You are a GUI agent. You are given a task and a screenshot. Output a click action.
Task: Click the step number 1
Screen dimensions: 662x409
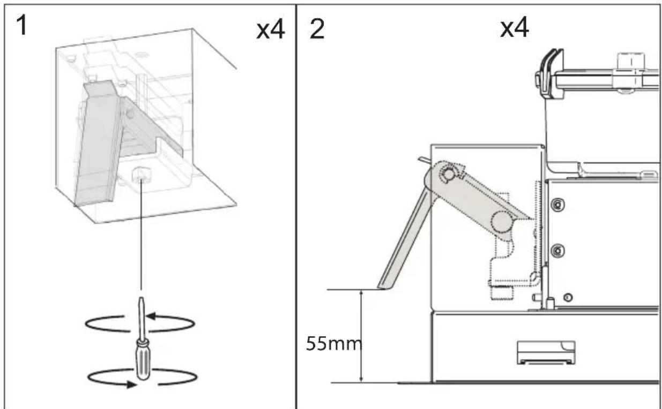pyautogui.click(x=21, y=26)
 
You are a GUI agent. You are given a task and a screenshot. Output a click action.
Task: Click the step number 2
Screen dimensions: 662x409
pyautogui.click(x=317, y=29)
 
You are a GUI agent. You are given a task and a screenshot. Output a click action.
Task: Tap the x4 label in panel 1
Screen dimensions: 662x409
pyautogui.click(x=270, y=31)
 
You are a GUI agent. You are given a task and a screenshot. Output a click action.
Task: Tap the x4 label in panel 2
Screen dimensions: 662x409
pyautogui.click(x=514, y=27)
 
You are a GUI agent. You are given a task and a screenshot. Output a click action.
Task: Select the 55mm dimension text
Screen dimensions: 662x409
pyautogui.click(x=334, y=344)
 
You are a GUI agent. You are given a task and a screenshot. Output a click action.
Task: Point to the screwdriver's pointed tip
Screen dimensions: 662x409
pyautogui.click(x=142, y=298)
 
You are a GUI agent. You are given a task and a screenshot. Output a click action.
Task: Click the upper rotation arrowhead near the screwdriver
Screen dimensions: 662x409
pyautogui.click(x=151, y=316)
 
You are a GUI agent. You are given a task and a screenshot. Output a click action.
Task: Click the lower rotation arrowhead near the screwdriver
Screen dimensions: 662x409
pyautogui.click(x=132, y=384)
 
